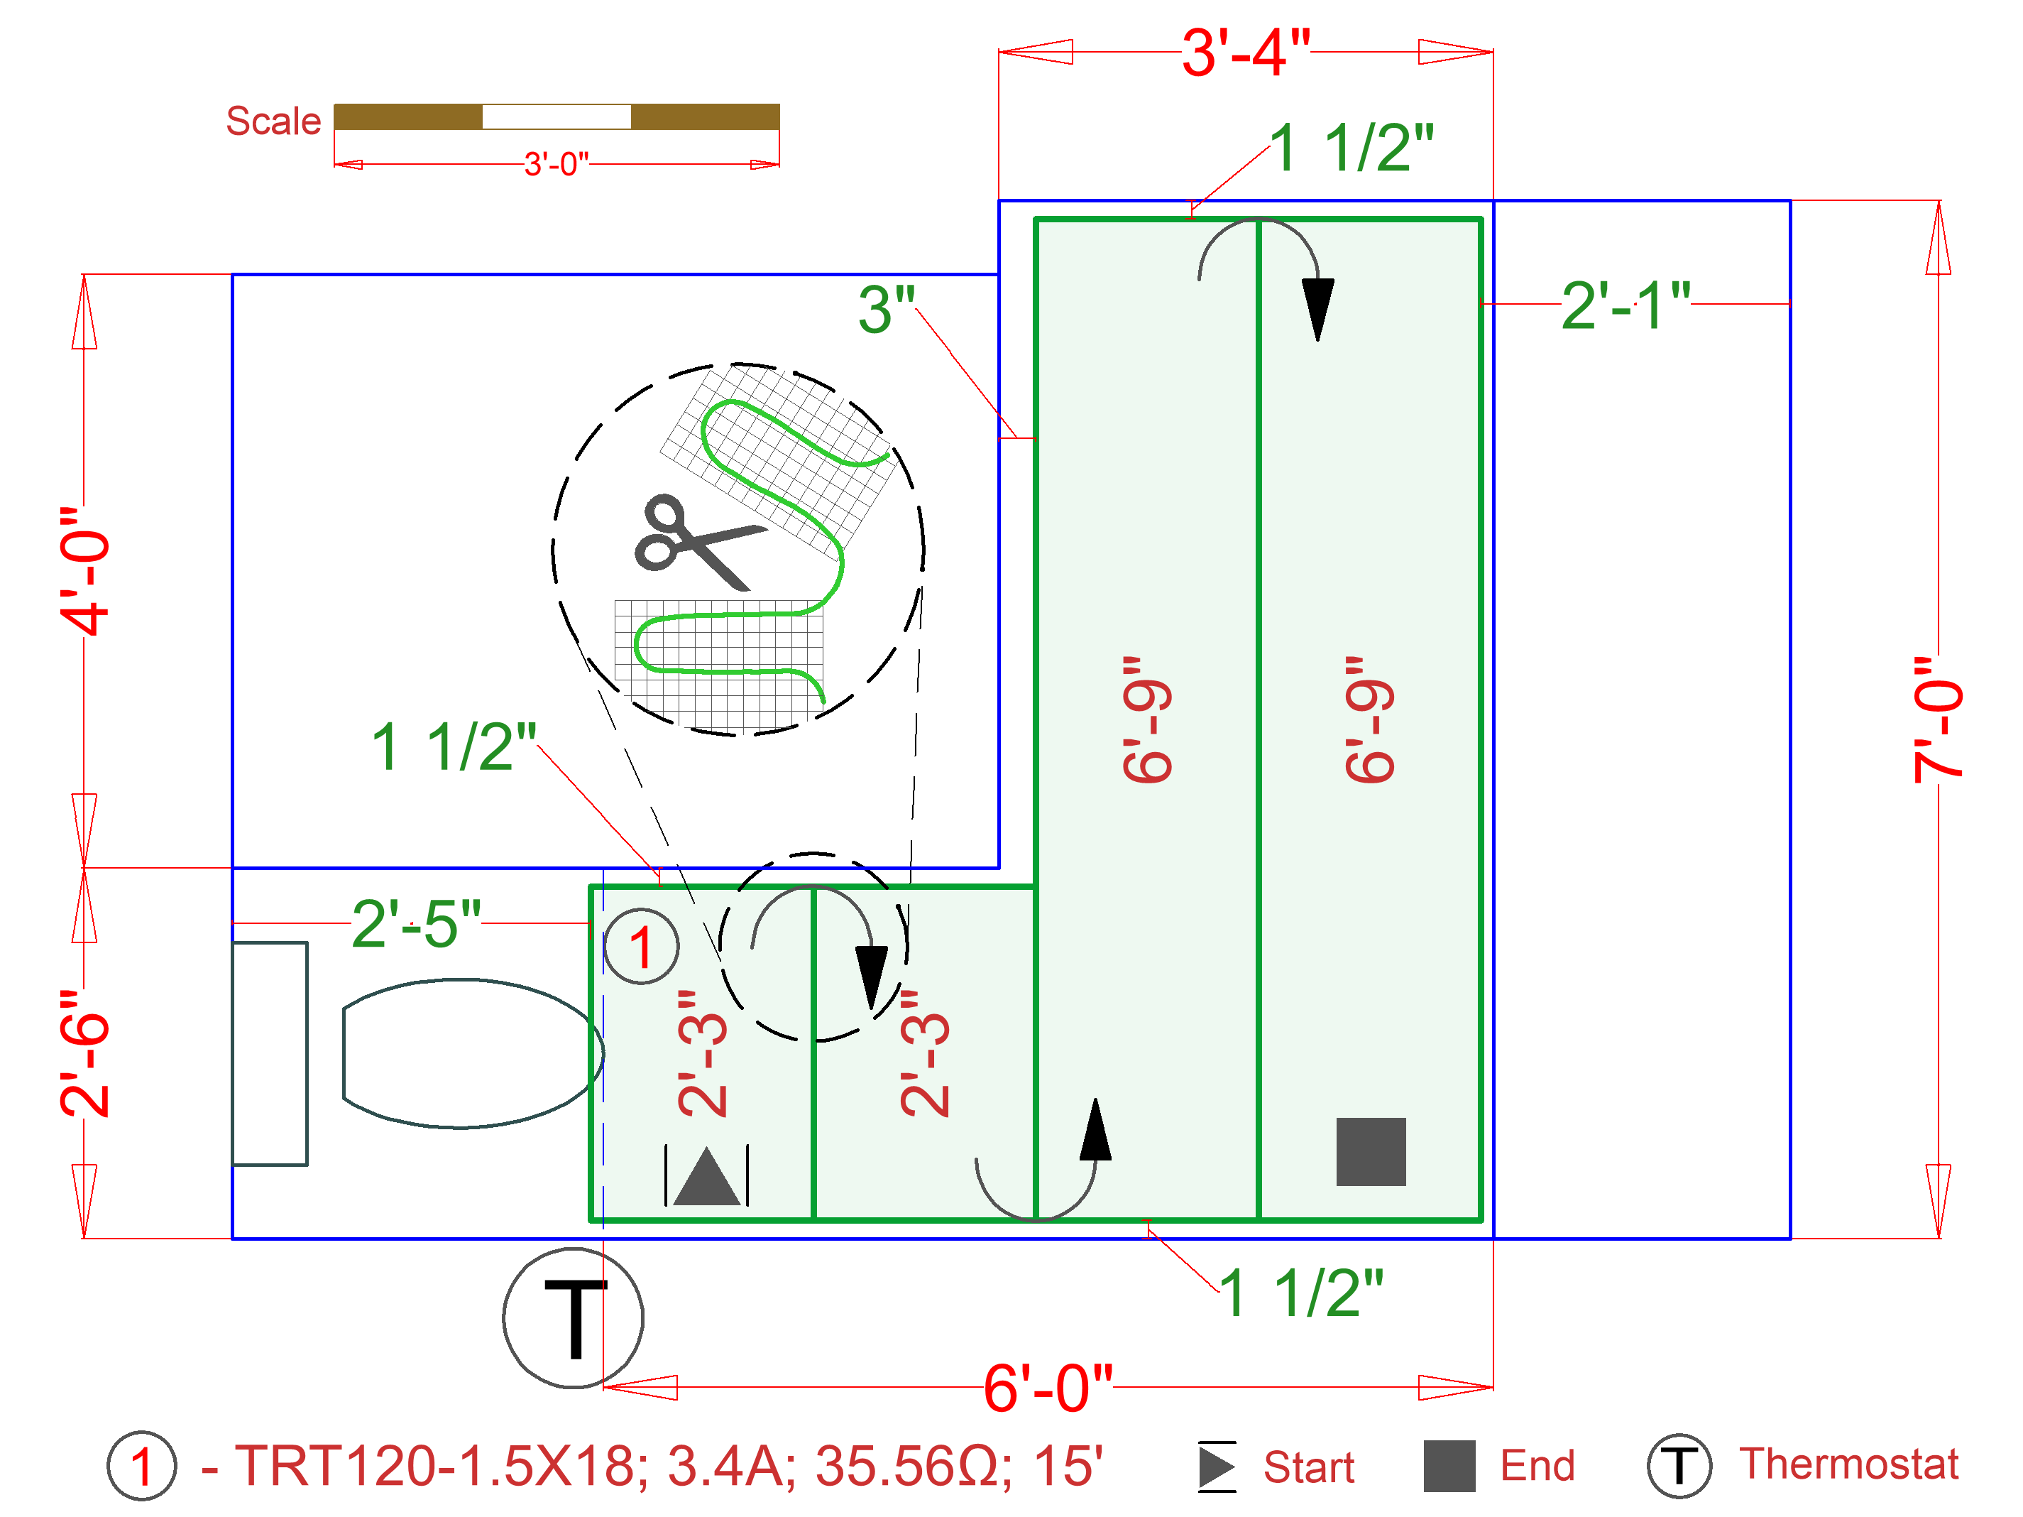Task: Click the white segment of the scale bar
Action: click(556, 117)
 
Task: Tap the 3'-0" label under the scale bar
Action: click(556, 165)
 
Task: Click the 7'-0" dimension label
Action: click(1937, 720)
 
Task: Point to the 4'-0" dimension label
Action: click(85, 571)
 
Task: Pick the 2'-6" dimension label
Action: click(85, 1053)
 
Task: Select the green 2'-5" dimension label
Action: click(416, 924)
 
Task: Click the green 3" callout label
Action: click(886, 310)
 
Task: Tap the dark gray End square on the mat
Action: click(1370, 1151)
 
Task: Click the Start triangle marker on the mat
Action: click(706, 1178)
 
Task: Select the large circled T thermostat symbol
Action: click(574, 1318)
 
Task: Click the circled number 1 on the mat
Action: click(641, 947)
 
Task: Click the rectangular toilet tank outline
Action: click(270, 1053)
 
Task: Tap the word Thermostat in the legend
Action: click(1848, 1464)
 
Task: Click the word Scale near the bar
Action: click(273, 121)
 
